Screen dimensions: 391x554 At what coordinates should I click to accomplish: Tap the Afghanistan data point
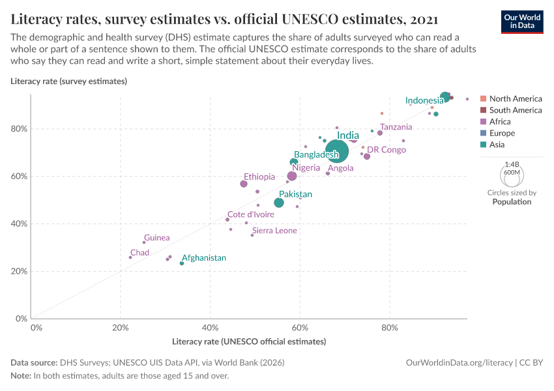point(182,263)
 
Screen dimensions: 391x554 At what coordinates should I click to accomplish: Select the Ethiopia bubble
point(244,184)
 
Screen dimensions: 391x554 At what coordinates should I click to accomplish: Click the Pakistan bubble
point(279,203)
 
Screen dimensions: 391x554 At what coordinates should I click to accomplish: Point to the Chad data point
point(130,257)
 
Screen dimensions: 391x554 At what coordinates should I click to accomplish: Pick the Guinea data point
point(144,242)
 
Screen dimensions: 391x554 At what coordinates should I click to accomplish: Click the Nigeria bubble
point(292,176)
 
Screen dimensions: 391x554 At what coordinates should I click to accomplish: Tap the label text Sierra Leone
point(274,231)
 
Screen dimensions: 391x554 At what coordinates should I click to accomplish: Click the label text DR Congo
point(386,150)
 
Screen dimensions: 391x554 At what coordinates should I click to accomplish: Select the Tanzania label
point(396,127)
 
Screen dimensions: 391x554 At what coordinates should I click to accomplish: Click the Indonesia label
point(424,100)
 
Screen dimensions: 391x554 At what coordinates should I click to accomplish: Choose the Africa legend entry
point(500,122)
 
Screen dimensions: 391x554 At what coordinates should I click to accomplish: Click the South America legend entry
point(515,110)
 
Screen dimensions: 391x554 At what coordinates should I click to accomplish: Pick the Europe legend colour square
point(483,134)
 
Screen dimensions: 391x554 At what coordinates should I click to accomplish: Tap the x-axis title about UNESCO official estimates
point(248,341)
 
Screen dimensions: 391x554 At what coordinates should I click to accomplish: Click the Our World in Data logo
point(523,22)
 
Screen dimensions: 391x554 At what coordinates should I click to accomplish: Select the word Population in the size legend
point(512,202)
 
